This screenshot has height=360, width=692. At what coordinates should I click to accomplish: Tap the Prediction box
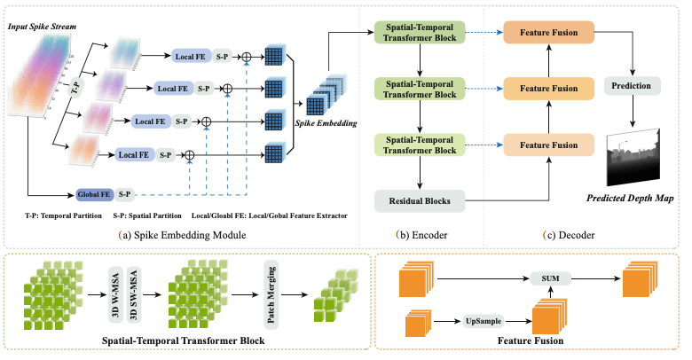coord(632,87)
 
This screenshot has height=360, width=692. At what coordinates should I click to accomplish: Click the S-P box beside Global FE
coord(124,192)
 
